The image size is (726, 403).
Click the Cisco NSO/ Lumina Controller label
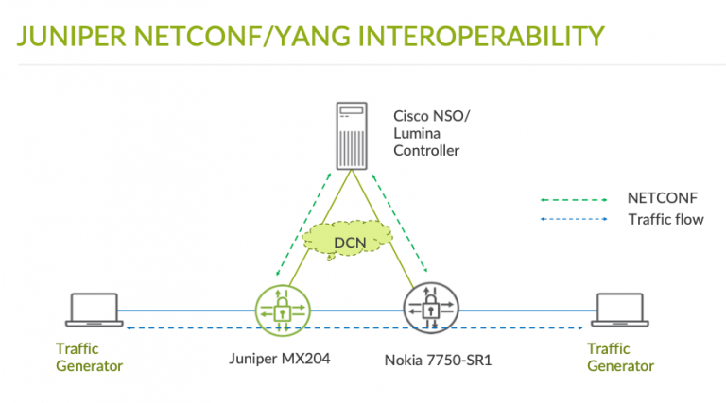[427, 133]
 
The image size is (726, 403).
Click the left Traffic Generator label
[89, 357]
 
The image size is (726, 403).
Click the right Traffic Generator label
[620, 357]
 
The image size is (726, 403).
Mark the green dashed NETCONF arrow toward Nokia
[403, 222]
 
